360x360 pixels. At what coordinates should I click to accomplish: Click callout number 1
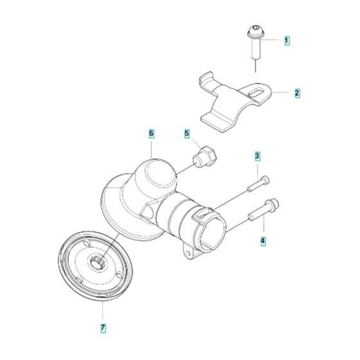287,40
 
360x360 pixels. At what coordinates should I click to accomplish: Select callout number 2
296,93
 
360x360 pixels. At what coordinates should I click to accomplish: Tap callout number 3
256,156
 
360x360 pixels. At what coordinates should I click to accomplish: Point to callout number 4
262,242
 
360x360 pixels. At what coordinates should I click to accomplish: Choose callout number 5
187,134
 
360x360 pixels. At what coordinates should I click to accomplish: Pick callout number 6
152,134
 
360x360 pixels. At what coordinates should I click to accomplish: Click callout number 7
103,328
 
